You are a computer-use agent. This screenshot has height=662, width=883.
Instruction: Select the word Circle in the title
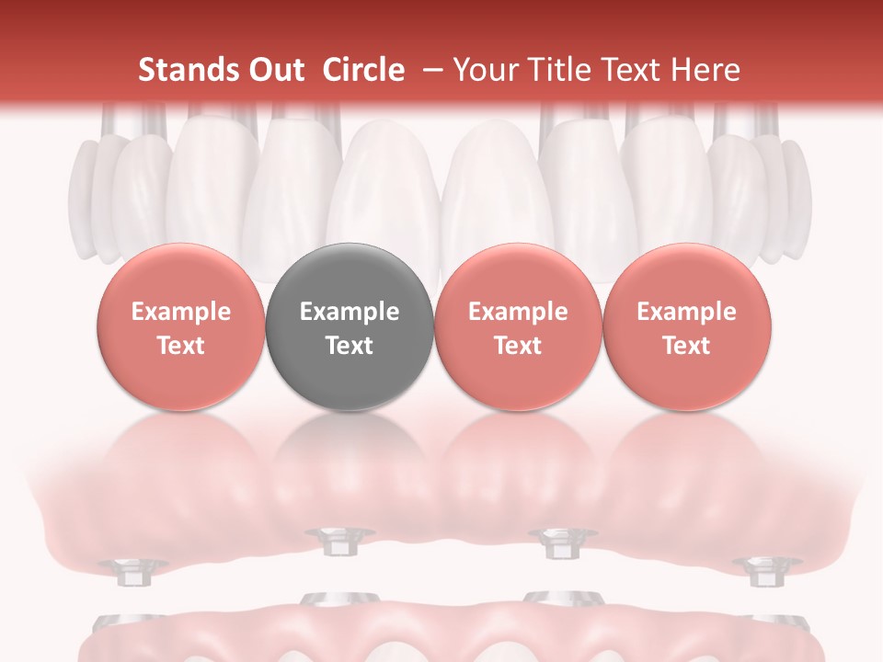tap(363, 70)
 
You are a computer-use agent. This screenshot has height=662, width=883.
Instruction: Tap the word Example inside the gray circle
tap(350, 312)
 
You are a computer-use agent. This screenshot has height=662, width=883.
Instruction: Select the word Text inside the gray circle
tap(350, 346)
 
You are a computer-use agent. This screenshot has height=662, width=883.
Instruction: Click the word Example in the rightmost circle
tap(686, 312)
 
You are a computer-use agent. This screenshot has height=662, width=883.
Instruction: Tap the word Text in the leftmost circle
tap(181, 346)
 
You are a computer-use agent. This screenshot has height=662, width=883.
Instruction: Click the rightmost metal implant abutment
tap(760, 571)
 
